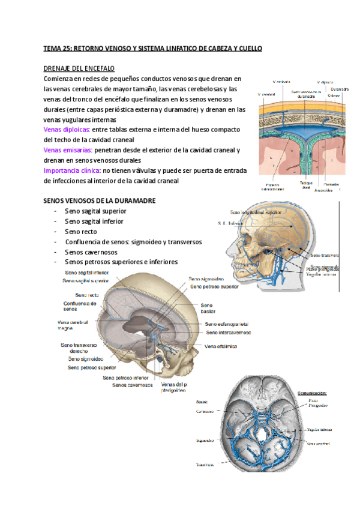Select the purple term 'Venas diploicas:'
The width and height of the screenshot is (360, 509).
point(67,129)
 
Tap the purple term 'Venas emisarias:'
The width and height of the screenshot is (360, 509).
point(68,150)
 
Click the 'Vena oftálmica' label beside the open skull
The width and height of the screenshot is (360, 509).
point(221,346)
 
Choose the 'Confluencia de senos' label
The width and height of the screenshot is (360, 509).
point(80,306)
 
